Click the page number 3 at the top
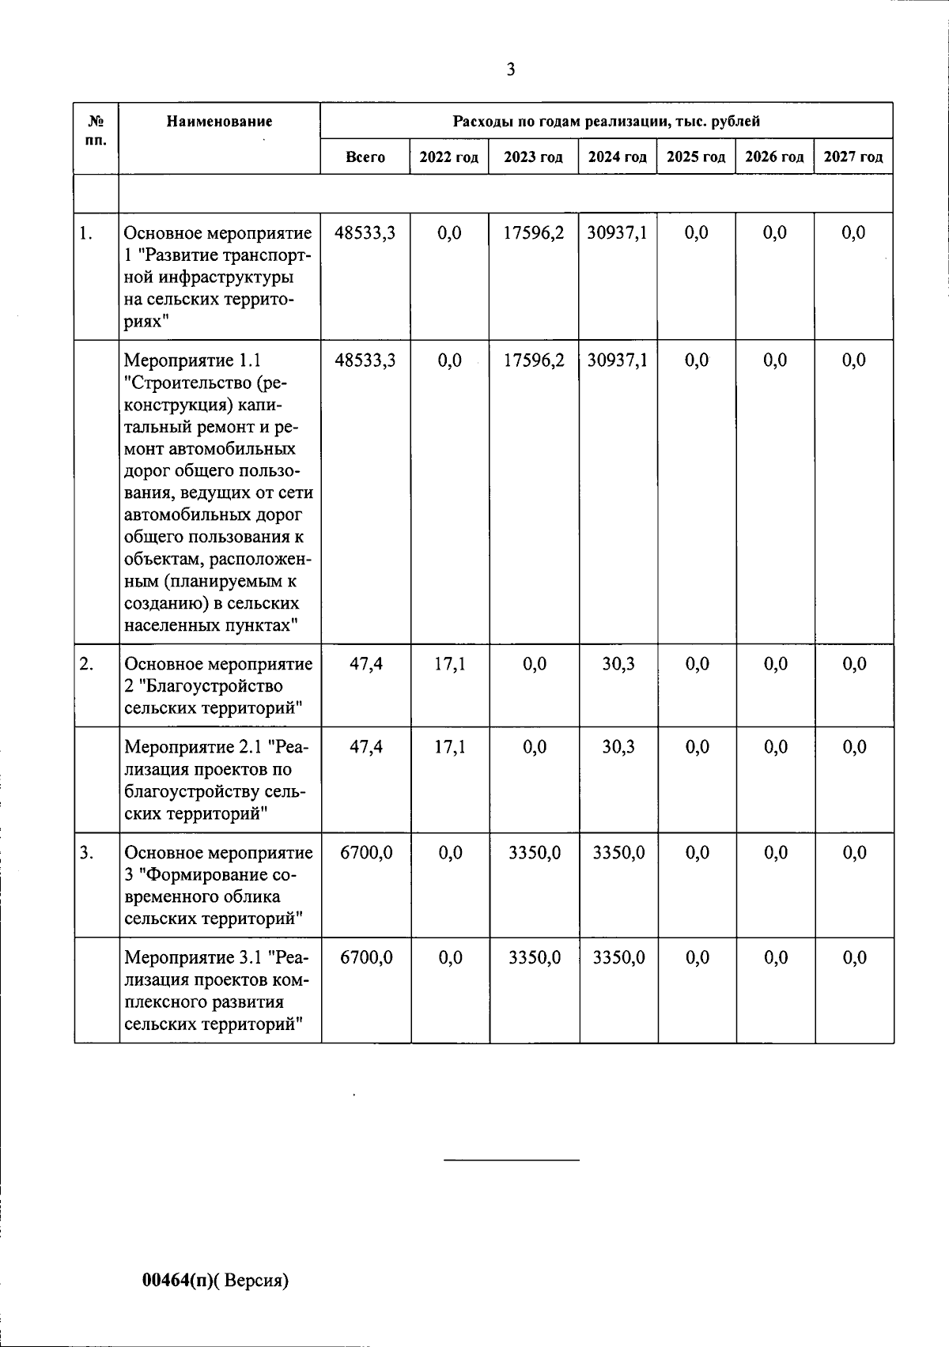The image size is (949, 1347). pos(510,70)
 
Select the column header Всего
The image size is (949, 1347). pos(365,157)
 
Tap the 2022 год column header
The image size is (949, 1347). pos(448,157)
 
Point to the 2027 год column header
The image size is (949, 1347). pos(853,157)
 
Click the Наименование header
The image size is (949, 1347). pos(219,122)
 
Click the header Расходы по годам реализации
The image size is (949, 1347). pos(606,122)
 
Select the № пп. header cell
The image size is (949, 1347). pos(96,130)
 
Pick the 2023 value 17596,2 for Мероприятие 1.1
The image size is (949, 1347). pos(534,360)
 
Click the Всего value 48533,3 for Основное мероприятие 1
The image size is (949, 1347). pos(365,233)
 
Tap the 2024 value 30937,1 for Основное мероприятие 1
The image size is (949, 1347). pos(618,233)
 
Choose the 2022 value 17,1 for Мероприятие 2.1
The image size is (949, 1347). pos(449,747)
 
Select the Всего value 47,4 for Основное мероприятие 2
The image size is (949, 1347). pos(365,664)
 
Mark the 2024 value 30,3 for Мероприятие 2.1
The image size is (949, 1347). pos(618,747)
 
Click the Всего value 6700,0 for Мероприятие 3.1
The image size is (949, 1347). pos(365,958)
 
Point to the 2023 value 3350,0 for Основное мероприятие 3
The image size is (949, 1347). pos(534,853)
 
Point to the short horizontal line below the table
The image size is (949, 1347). pos(511,1160)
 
